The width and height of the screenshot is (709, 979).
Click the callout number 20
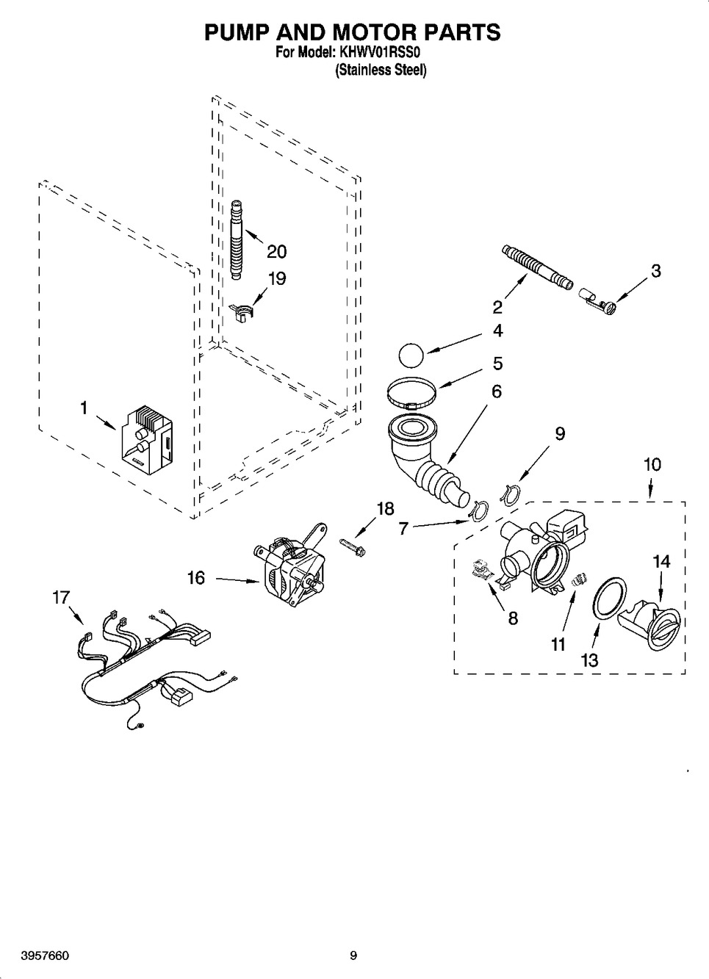pyautogui.click(x=276, y=251)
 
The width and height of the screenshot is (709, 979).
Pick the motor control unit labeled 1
pyautogui.click(x=146, y=441)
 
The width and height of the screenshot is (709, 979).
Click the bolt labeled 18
pyautogui.click(x=353, y=546)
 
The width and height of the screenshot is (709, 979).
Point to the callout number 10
pyautogui.click(x=652, y=464)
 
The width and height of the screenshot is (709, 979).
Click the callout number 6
pyautogui.click(x=497, y=391)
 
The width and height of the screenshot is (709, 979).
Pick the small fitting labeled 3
pyautogui.click(x=597, y=298)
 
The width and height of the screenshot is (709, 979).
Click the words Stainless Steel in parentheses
pyautogui.click(x=381, y=70)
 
